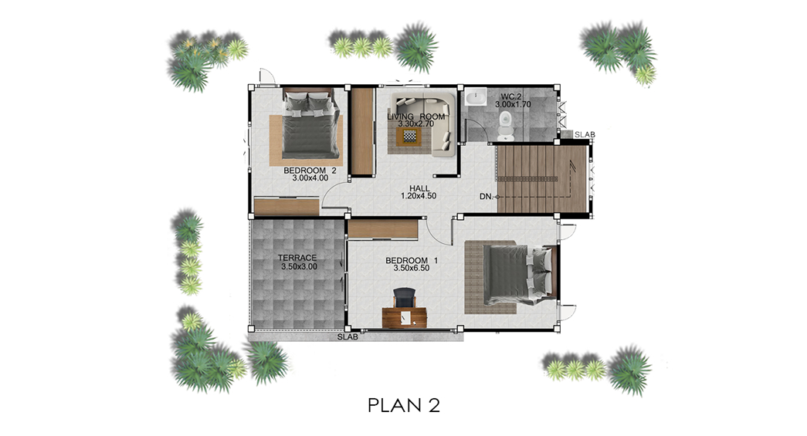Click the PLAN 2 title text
click(404, 405)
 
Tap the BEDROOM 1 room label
click(411, 261)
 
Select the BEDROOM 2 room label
click(310, 171)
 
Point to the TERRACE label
click(297, 258)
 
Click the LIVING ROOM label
click(415, 117)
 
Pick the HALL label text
click(419, 188)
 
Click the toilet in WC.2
click(505, 124)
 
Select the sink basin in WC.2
click(476, 96)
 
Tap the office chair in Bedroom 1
click(405, 298)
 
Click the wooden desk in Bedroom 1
click(405, 317)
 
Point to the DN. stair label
click(487, 197)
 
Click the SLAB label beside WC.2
click(585, 135)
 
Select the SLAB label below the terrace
click(348, 337)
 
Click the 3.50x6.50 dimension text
click(411, 268)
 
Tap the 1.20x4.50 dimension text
click(419, 195)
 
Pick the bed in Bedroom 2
click(310, 123)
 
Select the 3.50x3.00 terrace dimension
click(299, 266)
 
